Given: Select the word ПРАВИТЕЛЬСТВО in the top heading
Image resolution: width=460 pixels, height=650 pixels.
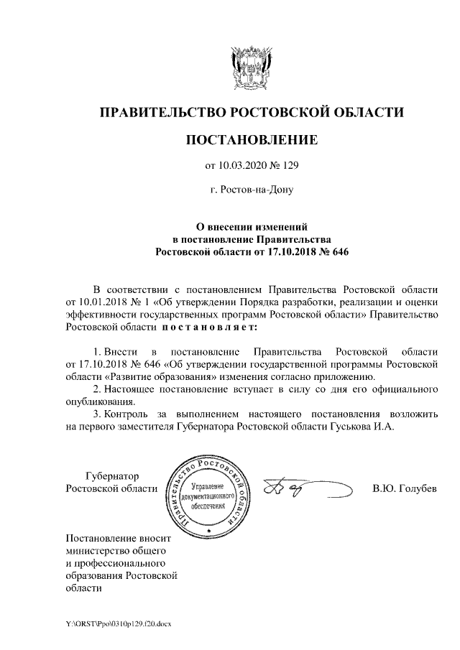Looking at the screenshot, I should (x=162, y=112).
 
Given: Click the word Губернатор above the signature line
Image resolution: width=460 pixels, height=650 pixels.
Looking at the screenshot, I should (x=111, y=476).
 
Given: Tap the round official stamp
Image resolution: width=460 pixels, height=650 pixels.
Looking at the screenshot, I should (x=208, y=496).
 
